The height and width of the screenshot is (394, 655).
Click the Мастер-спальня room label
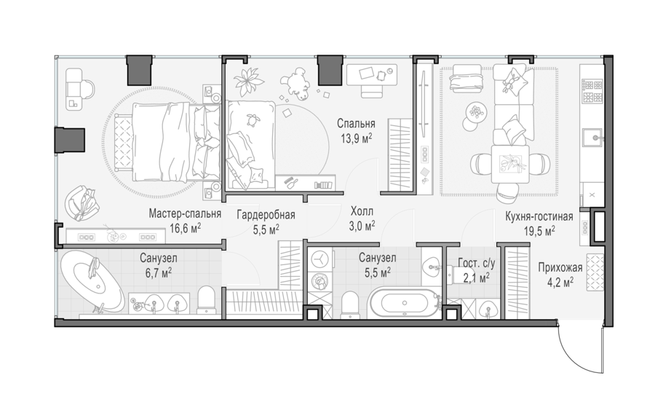coord(185,214)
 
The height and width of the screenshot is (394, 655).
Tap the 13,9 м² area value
coord(357,138)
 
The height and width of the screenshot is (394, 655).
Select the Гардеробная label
coord(266,215)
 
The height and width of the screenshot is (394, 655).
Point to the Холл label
coord(362,211)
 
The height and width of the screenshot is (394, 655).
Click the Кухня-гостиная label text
coord(539,216)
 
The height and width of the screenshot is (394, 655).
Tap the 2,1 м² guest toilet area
coord(476,277)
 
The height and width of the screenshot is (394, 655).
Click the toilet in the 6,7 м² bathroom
coord(205,299)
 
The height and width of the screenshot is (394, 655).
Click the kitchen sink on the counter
coord(594,138)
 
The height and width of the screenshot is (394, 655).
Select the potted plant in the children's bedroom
coord(248,79)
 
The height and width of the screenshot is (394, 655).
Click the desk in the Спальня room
coord(372,75)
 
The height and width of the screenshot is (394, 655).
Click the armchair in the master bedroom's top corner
coord(80,89)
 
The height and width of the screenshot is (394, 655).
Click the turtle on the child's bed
coord(253,120)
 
